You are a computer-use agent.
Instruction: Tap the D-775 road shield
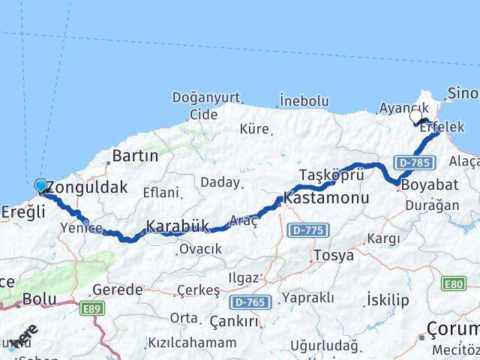tap(307, 229)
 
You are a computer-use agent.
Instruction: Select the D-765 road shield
tap(248, 301)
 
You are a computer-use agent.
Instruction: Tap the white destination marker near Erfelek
tap(416, 116)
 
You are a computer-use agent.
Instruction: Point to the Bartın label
tap(135, 157)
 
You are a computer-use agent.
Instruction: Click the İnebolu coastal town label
tap(304, 100)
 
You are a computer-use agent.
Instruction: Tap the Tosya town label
tap(333, 255)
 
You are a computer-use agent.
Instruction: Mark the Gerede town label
tap(119, 289)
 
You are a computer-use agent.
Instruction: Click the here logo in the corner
tap(25, 335)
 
